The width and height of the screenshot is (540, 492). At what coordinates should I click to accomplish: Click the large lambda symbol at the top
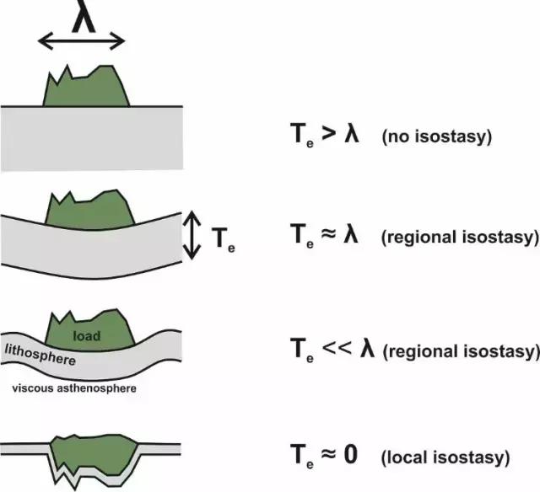(83, 18)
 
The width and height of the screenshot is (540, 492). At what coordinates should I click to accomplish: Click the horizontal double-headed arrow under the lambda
(83, 40)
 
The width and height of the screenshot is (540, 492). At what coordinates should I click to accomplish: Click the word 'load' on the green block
(86, 336)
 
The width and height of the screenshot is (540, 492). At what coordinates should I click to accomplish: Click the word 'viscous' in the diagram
(35, 388)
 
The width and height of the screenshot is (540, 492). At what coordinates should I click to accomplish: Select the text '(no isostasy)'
(436, 135)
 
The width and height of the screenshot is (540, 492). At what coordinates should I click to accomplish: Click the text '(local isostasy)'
(445, 458)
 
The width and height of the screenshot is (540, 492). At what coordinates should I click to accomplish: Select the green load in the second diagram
(89, 211)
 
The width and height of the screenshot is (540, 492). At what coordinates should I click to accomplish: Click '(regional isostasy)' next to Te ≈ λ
(460, 237)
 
